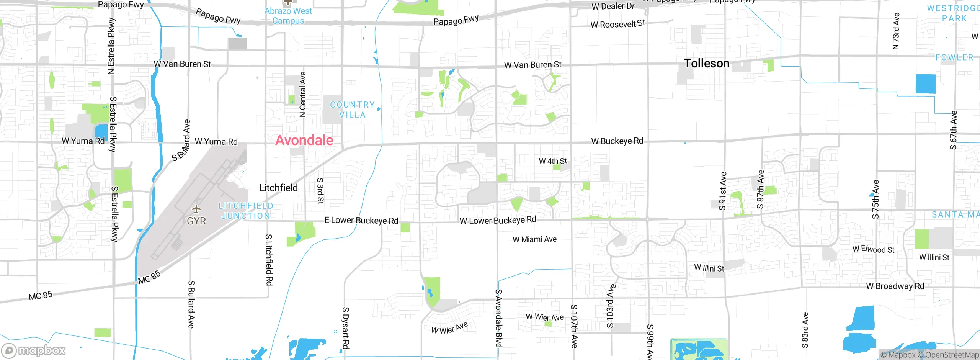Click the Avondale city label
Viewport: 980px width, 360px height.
(304, 140)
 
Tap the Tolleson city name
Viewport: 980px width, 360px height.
(707, 63)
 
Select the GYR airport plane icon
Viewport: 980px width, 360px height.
(196, 209)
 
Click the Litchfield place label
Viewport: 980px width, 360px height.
(279, 188)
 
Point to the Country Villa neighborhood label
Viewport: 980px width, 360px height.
(352, 110)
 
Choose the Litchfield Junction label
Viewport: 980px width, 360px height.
(246, 211)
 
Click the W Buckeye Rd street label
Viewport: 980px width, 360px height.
(617, 141)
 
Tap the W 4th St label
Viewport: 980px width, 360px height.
(553, 161)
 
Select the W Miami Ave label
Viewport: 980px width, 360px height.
(534, 239)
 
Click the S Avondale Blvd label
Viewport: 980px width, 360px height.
(498, 318)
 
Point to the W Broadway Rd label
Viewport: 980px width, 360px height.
(895, 286)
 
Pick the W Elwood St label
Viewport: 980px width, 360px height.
(873, 249)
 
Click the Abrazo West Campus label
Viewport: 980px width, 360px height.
(288, 16)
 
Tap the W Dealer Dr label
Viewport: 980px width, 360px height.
(613, 6)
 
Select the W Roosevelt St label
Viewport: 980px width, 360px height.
(617, 24)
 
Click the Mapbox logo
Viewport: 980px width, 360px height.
(34, 350)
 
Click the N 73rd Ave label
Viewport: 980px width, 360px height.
(896, 31)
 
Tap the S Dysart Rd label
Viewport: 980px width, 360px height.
(345, 328)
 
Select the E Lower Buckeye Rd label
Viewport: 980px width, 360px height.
(361, 220)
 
